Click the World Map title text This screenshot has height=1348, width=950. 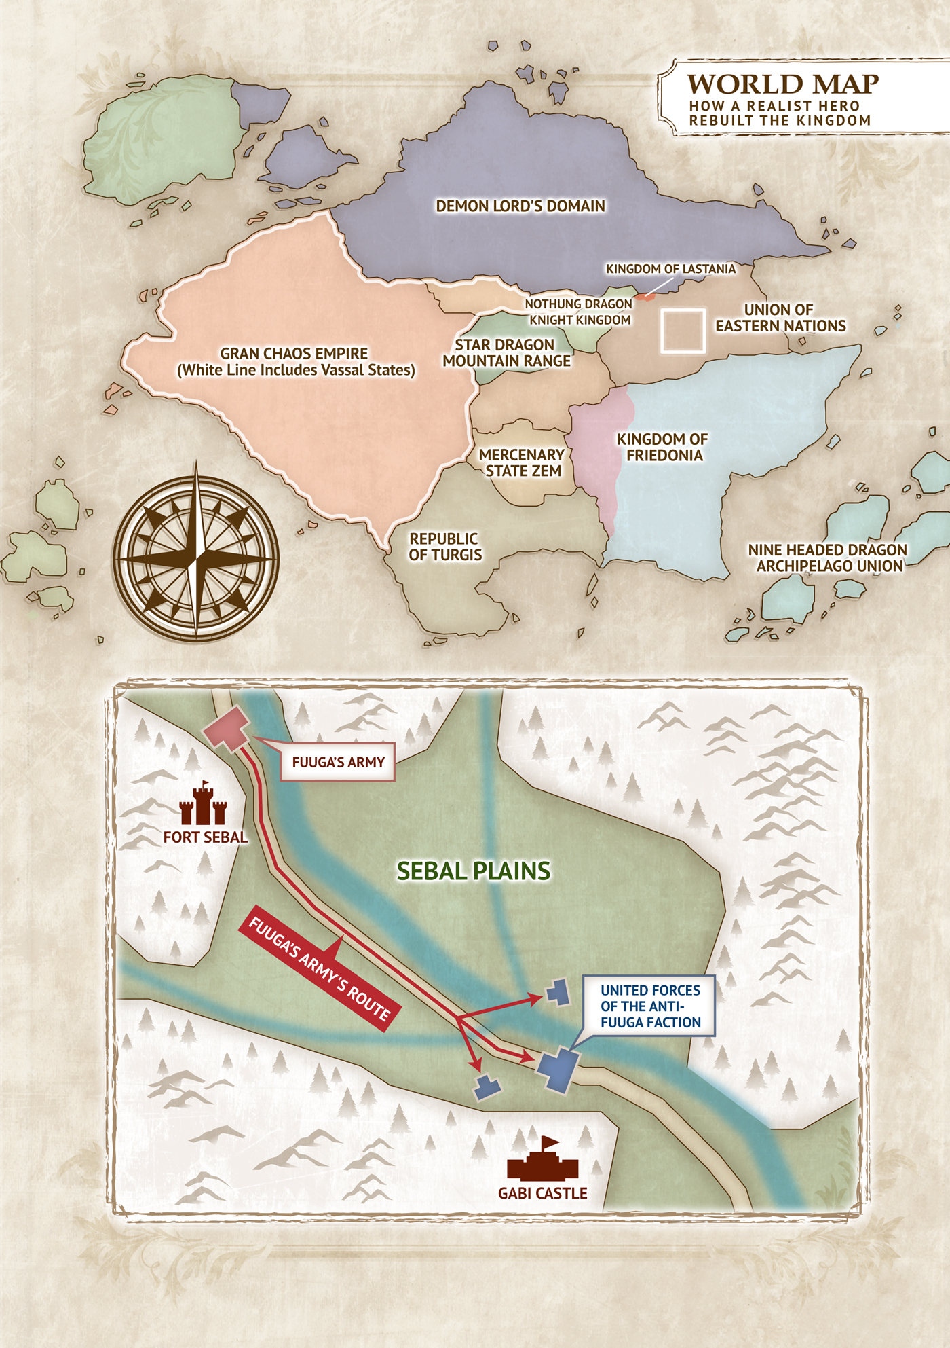tap(782, 84)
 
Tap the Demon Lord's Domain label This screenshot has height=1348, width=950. tap(520, 206)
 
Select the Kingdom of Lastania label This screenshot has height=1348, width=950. tap(670, 269)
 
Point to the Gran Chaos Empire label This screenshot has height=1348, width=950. tap(295, 361)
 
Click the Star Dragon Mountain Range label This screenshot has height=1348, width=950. tap(506, 353)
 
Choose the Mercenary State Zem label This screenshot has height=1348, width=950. tap(522, 462)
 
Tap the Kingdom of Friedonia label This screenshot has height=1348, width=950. tap(663, 448)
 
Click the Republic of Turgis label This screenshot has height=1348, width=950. tap(445, 547)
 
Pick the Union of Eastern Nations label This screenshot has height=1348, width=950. tap(780, 318)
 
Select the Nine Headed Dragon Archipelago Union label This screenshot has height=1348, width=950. tap(828, 558)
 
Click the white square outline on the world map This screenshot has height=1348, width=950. tap(683, 331)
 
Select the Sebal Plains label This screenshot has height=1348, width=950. tap(474, 871)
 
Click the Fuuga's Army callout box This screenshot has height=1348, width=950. tap(338, 763)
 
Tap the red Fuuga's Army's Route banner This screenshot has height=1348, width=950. tap(319, 968)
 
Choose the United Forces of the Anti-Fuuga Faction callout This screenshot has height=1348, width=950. tap(649, 1006)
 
